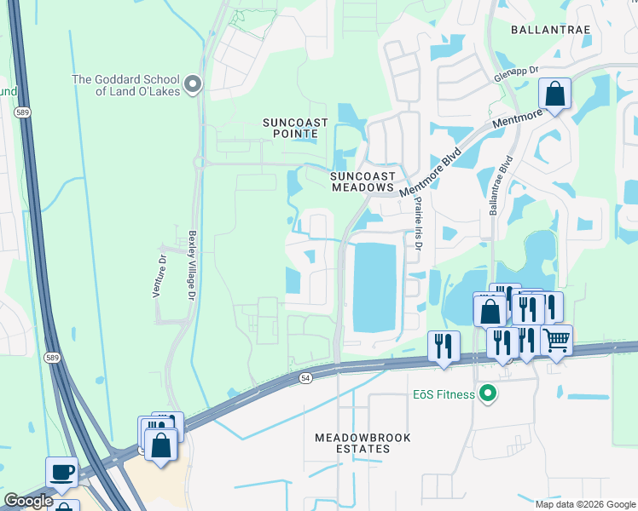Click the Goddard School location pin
coord(193,83)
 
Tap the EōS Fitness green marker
coord(488,393)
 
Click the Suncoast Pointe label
coord(295,129)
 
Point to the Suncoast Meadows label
coord(362,181)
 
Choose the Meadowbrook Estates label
coord(362,443)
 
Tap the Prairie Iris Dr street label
coord(418,224)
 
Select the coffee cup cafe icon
coord(63,472)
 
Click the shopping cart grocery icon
coord(556,340)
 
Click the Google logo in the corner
coord(28,501)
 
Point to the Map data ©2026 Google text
coord(585,504)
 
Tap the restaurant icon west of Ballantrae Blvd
coord(443,345)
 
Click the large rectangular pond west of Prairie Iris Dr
coord(374,287)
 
